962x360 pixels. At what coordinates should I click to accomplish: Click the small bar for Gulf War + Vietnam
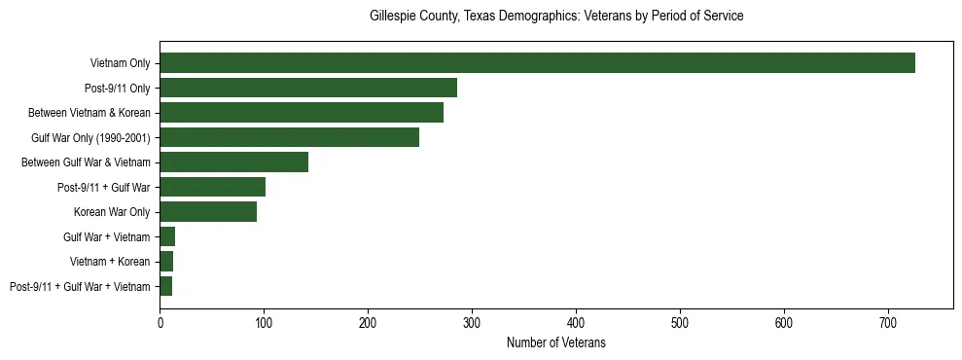click(167, 236)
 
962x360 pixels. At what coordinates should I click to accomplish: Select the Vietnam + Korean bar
click(166, 262)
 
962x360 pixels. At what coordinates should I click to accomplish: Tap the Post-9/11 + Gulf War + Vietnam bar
click(166, 286)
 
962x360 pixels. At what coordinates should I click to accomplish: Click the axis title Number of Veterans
click(555, 342)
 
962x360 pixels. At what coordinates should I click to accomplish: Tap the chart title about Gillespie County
click(555, 17)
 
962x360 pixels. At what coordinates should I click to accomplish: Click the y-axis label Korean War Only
click(112, 212)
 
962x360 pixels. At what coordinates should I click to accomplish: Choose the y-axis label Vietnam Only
click(120, 63)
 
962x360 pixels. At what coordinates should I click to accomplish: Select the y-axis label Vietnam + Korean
click(110, 262)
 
